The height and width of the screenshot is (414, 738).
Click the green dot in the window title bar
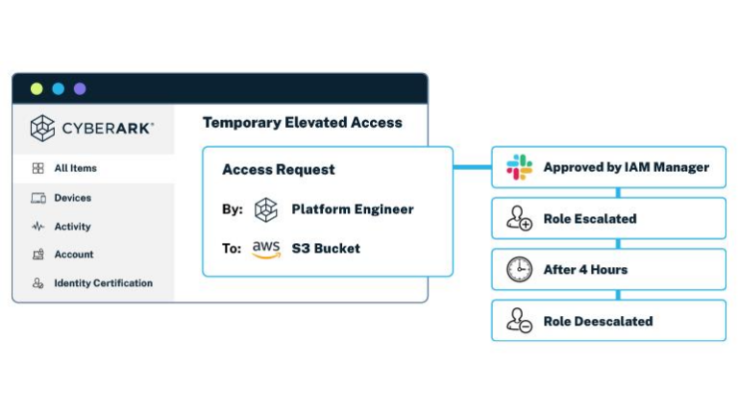[37, 88]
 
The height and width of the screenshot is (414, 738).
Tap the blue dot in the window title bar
[58, 88]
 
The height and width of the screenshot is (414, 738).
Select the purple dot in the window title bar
[80, 88]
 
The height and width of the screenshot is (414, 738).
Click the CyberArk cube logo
[42, 128]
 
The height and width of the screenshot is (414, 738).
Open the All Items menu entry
[75, 168]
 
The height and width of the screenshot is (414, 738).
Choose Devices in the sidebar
[72, 198]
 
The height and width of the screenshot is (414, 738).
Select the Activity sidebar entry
[72, 227]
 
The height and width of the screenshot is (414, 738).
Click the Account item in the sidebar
[73, 255]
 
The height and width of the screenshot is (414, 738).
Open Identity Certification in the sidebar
[103, 283]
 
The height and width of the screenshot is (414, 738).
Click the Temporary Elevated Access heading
[302, 123]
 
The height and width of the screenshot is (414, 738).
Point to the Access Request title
[279, 170]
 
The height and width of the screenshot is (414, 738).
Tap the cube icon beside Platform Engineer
[266, 209]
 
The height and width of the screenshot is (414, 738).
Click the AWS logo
[266, 249]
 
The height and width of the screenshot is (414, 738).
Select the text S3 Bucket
[326, 249]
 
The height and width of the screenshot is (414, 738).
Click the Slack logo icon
[520, 167]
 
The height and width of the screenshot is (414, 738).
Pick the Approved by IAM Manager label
[626, 167]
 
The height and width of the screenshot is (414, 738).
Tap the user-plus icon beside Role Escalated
[520, 219]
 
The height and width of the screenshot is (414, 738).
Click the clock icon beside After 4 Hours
[520, 270]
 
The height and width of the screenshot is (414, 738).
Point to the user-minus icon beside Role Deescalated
[520, 321]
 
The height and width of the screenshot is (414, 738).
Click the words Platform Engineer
[353, 209]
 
